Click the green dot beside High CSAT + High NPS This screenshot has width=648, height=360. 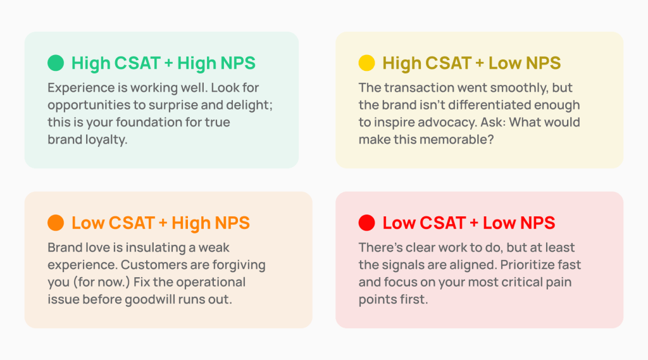(x=56, y=63)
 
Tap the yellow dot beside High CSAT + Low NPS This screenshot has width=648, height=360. (x=366, y=63)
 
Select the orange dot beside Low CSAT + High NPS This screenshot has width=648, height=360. (x=56, y=223)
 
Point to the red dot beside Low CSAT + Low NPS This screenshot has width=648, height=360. (x=366, y=223)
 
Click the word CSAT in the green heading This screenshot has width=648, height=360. (x=137, y=63)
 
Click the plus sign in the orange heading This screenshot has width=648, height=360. (x=163, y=223)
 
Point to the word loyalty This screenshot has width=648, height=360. (x=106, y=140)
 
